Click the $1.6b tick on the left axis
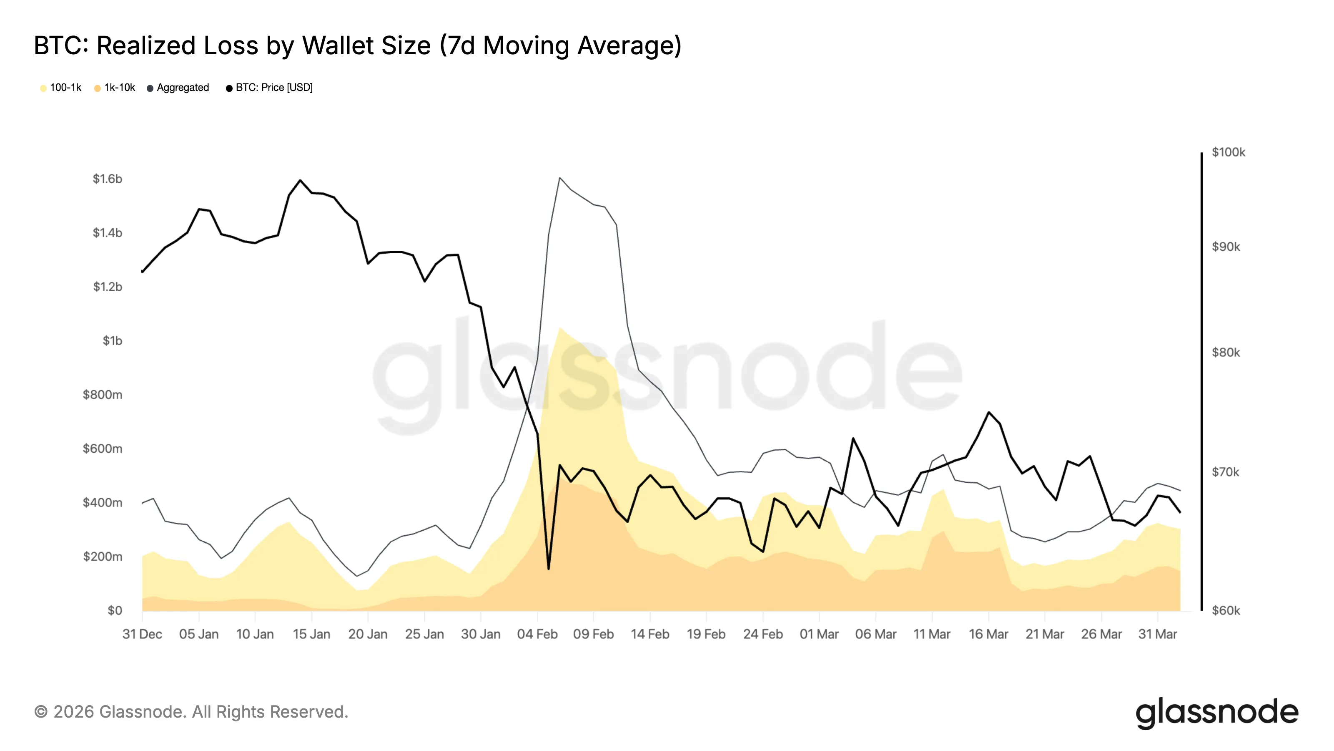coord(107,179)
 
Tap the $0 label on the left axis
coord(115,610)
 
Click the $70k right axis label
coord(1225,472)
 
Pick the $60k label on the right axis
coord(1225,610)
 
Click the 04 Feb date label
coord(537,634)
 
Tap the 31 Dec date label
coord(142,634)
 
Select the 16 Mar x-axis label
coord(988,634)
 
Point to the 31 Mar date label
coord(1157,634)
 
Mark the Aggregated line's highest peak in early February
coord(560,178)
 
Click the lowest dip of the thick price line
coord(549,569)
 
